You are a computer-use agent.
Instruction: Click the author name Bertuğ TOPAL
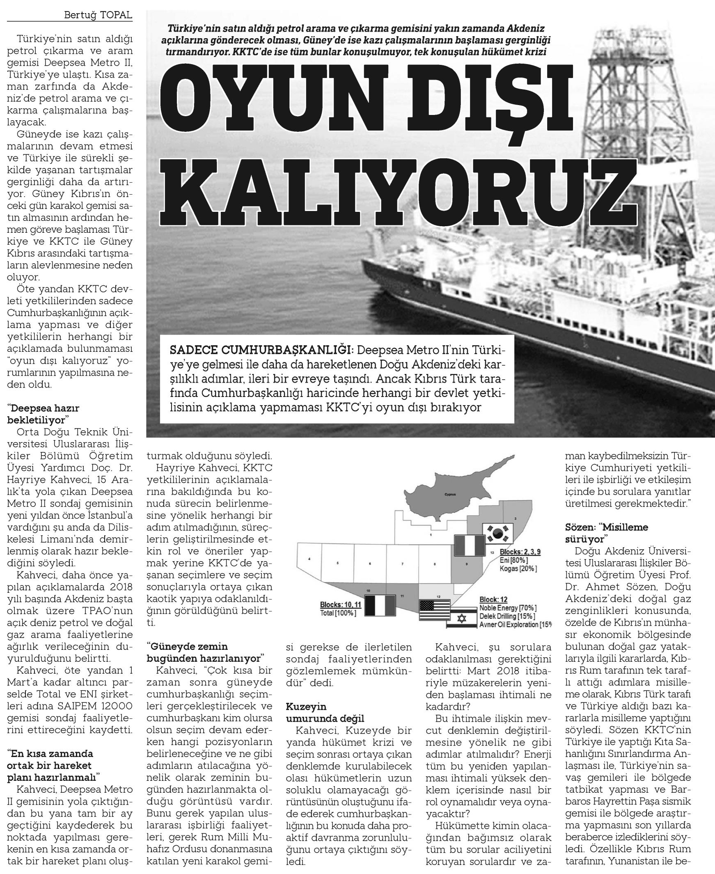pos(98,15)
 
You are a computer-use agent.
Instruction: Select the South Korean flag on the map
pos(497,533)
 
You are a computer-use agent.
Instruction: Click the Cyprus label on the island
pos(451,494)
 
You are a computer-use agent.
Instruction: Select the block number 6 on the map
pos(370,563)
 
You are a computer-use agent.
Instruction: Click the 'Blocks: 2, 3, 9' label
pos(520,551)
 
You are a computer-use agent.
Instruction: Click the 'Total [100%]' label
pos(338,613)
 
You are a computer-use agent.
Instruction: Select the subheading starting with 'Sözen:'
pos(607,533)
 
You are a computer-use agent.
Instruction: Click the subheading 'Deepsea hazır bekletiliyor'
pos(43,414)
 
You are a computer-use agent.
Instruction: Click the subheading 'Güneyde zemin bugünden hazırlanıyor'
pos(205,652)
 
